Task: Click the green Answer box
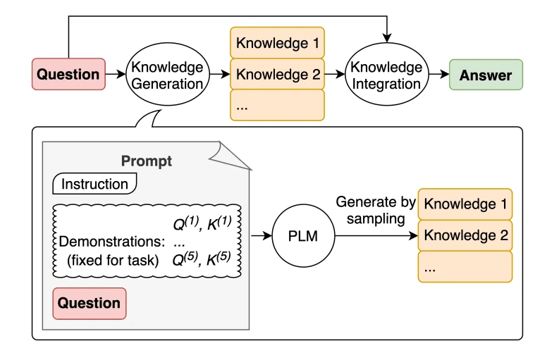(x=486, y=75)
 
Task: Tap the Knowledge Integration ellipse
(x=386, y=75)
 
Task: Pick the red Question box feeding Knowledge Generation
(x=68, y=75)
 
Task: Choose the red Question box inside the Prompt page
(x=89, y=304)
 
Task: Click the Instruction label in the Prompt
(x=94, y=185)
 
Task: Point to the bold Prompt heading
(x=146, y=161)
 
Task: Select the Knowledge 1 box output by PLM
(x=465, y=204)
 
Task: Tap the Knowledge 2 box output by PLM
(x=465, y=235)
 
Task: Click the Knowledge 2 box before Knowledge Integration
(x=278, y=74)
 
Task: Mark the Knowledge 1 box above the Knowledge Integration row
(x=278, y=44)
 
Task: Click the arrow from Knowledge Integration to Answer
(x=436, y=75)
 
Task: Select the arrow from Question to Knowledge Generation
(x=114, y=75)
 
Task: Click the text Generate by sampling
(x=371, y=210)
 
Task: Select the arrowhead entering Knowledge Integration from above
(x=386, y=36)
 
